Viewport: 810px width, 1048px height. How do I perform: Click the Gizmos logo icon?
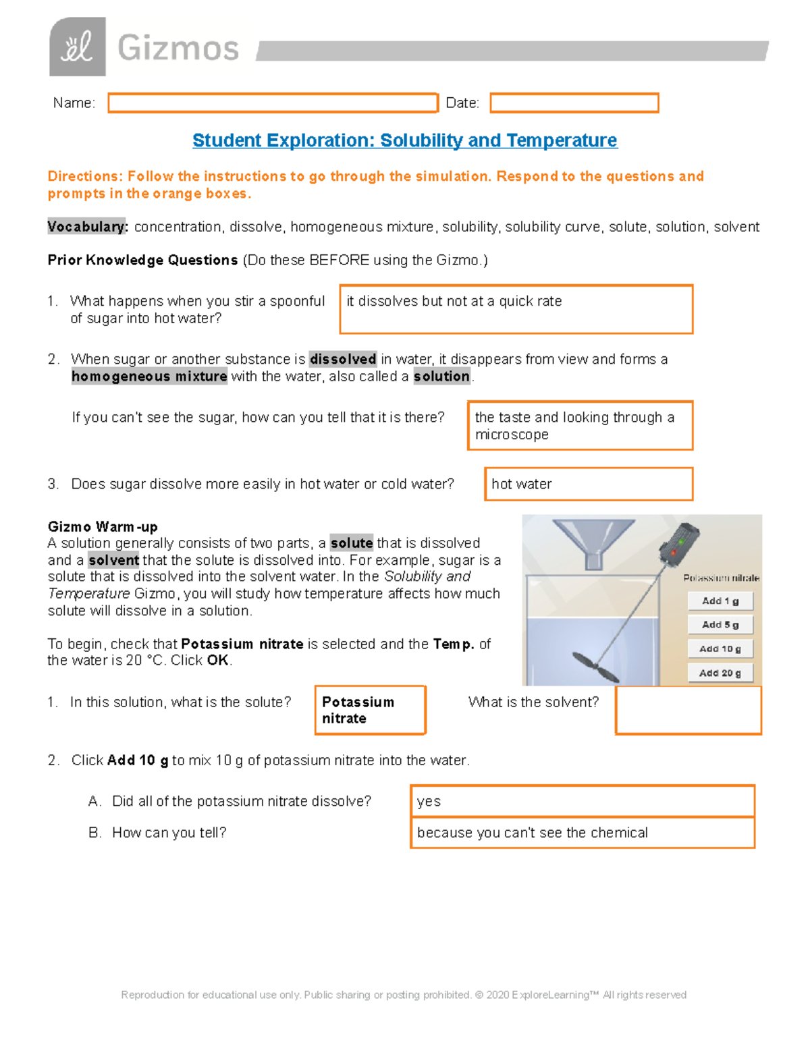click(77, 47)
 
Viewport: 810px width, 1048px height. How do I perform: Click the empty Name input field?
click(273, 103)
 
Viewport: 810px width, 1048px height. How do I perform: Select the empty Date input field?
click(574, 103)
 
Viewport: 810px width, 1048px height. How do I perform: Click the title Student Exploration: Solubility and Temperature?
click(404, 140)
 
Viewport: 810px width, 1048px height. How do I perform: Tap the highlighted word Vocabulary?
click(87, 227)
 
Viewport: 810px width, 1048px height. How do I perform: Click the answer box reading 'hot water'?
click(589, 484)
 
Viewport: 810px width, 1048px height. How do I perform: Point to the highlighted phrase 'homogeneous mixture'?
click(149, 377)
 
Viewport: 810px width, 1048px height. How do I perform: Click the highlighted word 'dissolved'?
click(343, 359)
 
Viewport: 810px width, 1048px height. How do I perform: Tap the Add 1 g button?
click(720, 601)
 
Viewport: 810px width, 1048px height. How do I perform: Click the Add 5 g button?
click(720, 625)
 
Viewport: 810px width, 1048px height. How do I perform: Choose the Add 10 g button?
click(720, 649)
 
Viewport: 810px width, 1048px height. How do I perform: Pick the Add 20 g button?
click(720, 673)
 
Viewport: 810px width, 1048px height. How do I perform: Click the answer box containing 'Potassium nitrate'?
click(370, 710)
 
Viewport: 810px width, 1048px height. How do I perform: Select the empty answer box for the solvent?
click(688, 710)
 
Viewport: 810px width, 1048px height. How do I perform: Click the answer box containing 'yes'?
click(582, 801)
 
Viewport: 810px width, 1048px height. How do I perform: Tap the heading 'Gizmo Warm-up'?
click(103, 526)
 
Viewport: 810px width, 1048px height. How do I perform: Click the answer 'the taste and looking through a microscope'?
click(580, 426)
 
